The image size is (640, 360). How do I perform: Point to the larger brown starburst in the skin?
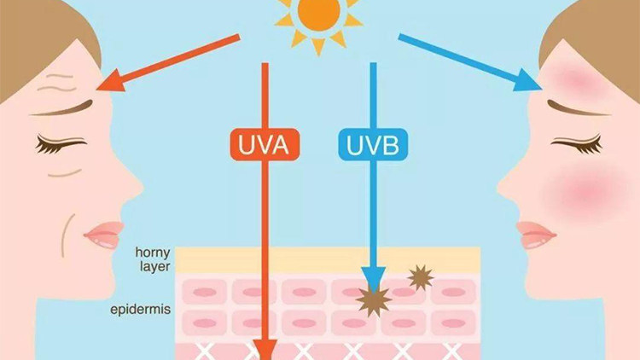pos(372,299)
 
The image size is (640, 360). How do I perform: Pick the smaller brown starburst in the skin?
pos(420,276)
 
